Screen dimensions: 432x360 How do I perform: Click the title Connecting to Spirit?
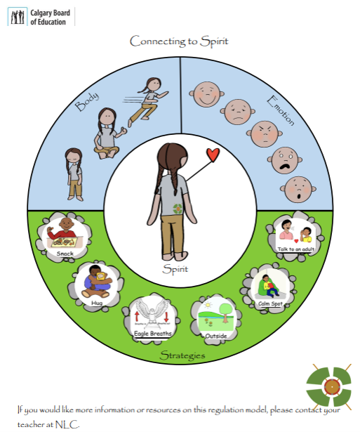pos(179,41)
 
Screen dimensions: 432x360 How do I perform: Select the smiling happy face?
pos(206,93)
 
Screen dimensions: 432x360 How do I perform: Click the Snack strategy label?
pos(65,254)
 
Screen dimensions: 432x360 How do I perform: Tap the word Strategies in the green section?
pos(182,355)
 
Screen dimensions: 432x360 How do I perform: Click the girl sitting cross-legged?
pos(108,132)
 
